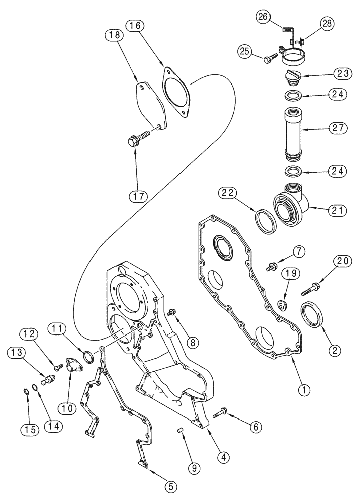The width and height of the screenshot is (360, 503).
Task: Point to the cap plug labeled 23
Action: [x=294, y=77]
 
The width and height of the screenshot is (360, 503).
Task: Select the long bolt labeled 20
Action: [x=311, y=289]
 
